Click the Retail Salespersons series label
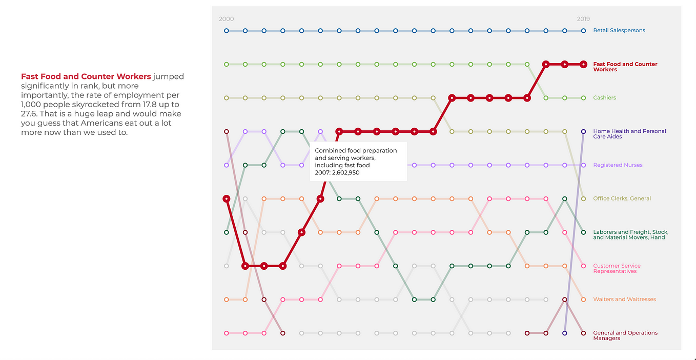tap(619, 31)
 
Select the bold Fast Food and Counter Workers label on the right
tap(625, 67)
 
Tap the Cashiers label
tap(604, 98)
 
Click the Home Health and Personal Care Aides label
tap(629, 134)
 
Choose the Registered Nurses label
tap(618, 165)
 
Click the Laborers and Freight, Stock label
tap(630, 235)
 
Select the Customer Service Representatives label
tap(617, 268)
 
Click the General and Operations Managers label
tap(625, 335)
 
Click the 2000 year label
tap(226, 19)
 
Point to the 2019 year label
tap(583, 19)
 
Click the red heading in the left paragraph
tap(86, 76)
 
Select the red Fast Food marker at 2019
tap(583, 64)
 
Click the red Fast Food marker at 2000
tap(226, 198)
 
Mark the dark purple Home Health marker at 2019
tap(583, 132)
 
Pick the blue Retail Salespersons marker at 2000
tap(226, 31)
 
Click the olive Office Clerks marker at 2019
tap(583, 198)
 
